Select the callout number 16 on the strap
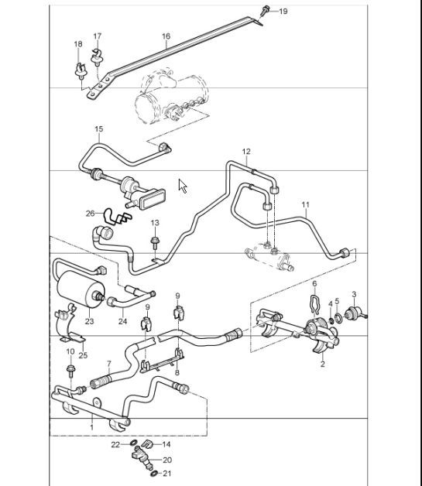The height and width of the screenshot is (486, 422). point(166,36)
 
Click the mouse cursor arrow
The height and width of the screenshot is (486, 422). point(183,187)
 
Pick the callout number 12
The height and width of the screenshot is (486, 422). point(246,151)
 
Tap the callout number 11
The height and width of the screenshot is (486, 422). point(305,205)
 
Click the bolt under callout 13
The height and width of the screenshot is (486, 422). point(154,242)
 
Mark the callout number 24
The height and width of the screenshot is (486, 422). point(122,321)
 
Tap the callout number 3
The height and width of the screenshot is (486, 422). point(354,294)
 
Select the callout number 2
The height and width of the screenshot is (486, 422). point(322,362)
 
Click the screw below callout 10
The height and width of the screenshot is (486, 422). point(70,371)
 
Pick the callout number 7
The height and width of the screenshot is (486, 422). point(109,363)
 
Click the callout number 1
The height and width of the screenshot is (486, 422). point(92,427)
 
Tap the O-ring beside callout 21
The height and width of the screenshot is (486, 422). point(153,473)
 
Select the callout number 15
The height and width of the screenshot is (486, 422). point(98,128)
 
